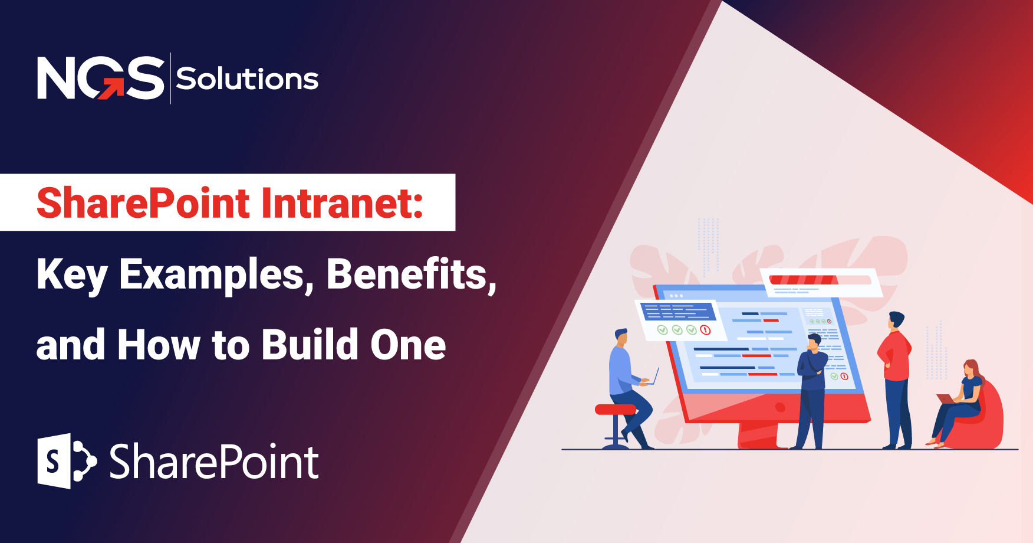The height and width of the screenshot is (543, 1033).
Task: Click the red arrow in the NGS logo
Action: point(111,89)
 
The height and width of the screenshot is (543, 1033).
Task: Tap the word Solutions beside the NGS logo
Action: point(247,79)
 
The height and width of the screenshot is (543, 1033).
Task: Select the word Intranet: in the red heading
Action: point(342,203)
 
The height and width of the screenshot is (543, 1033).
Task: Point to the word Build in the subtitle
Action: point(310,345)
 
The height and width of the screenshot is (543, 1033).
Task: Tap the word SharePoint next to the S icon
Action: point(214,462)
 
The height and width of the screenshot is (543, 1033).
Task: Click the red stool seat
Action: point(615,409)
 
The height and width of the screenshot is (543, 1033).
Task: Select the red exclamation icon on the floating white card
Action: point(705,330)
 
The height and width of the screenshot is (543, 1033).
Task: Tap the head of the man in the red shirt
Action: point(896,320)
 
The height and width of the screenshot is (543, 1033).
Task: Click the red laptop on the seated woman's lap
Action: point(946,399)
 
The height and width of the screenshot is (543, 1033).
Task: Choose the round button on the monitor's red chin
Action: point(780,407)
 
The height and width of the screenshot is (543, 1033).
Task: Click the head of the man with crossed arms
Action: point(814,342)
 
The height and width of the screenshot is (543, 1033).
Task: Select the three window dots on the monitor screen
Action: point(676,295)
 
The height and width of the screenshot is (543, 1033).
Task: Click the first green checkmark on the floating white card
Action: point(662,330)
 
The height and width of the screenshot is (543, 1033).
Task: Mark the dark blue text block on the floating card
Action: point(679,311)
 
